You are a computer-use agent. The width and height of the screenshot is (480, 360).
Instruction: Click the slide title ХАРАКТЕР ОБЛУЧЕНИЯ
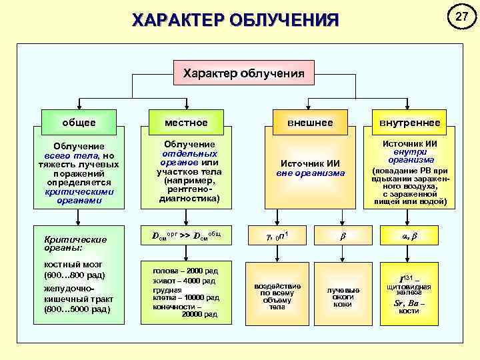[x=235, y=19]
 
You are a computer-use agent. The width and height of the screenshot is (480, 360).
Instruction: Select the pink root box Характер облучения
[x=243, y=73]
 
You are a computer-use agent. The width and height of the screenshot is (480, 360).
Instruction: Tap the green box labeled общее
[x=79, y=123]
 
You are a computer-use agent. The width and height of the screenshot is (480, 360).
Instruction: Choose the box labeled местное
[x=187, y=123]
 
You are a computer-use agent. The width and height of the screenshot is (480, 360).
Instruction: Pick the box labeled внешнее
[x=310, y=123]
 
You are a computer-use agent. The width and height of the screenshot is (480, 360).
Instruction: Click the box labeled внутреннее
[x=409, y=123]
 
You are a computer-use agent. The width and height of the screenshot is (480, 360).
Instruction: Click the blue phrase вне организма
[x=310, y=173]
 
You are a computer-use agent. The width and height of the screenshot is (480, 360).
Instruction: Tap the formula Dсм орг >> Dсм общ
[x=187, y=235]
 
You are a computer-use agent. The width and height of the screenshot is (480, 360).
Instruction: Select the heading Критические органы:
[x=65, y=243]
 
